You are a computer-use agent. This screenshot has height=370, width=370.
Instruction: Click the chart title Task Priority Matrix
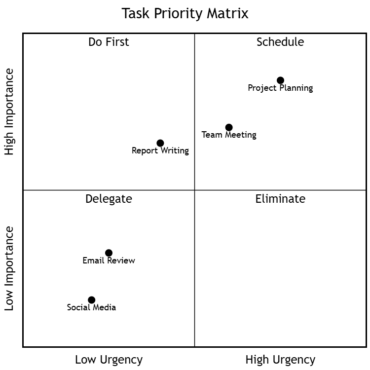click(x=185, y=13)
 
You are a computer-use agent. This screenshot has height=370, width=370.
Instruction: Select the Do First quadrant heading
click(x=109, y=42)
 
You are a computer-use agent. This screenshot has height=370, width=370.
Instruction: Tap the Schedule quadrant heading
click(x=280, y=42)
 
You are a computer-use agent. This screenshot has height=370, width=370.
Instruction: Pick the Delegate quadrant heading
click(x=109, y=199)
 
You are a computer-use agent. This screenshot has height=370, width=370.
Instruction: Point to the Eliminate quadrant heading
click(x=280, y=199)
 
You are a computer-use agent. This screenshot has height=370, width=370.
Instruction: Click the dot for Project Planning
click(x=280, y=80)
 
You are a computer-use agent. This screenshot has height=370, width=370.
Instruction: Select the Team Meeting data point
click(x=229, y=127)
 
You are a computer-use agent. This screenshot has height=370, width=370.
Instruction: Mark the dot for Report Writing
click(x=160, y=143)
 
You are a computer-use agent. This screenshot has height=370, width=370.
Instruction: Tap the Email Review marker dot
click(x=109, y=253)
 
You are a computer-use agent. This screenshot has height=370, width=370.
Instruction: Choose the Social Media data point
click(x=91, y=300)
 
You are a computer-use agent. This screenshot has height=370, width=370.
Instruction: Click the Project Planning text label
click(x=280, y=88)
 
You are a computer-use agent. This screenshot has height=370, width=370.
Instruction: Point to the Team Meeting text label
click(x=229, y=135)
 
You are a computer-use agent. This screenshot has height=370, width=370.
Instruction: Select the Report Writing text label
click(x=160, y=150)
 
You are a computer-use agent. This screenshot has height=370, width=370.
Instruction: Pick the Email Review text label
click(x=109, y=260)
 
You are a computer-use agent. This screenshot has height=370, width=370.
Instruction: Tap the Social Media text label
click(x=91, y=307)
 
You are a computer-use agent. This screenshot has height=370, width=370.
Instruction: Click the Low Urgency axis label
click(x=109, y=360)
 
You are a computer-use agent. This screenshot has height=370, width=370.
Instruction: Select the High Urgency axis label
click(x=280, y=360)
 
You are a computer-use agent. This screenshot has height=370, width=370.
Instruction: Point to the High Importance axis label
click(x=10, y=112)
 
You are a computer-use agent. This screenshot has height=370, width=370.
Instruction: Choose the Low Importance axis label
click(x=10, y=268)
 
